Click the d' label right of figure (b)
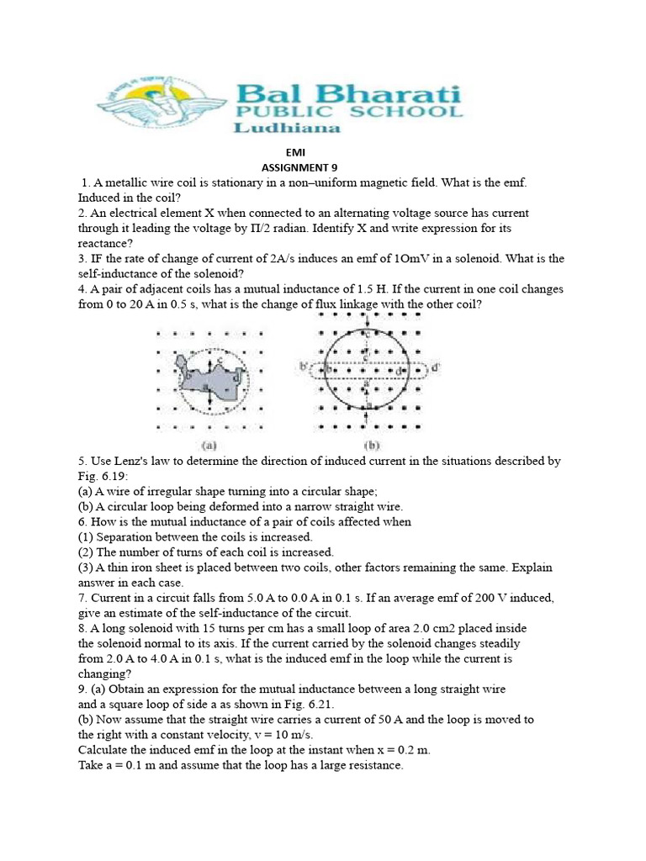point(435,367)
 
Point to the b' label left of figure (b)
point(302,367)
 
